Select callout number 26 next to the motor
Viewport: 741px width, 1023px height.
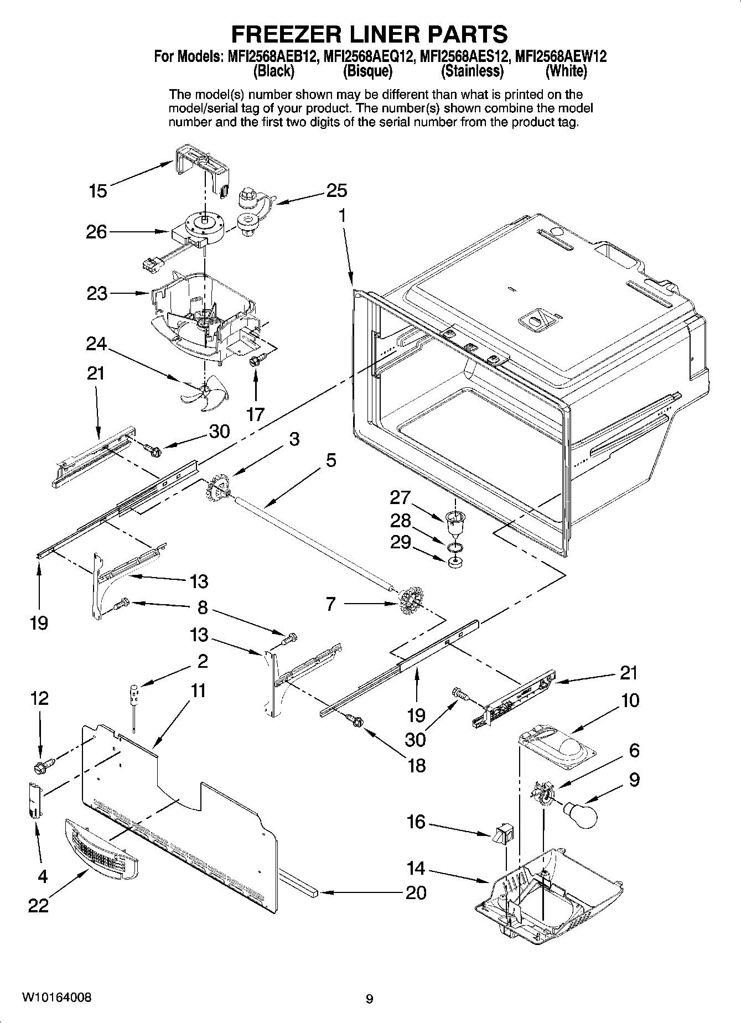(96, 232)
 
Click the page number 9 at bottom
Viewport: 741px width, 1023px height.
(370, 999)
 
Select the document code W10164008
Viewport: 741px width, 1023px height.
(57, 998)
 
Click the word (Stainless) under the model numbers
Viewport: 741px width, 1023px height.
(472, 71)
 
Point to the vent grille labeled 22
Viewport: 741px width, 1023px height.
(101, 845)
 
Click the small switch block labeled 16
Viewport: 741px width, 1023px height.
(504, 833)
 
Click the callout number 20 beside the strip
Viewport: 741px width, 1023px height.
(416, 892)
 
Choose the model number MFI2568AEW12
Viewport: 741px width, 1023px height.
(561, 56)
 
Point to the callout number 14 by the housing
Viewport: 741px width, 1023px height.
(416, 868)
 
